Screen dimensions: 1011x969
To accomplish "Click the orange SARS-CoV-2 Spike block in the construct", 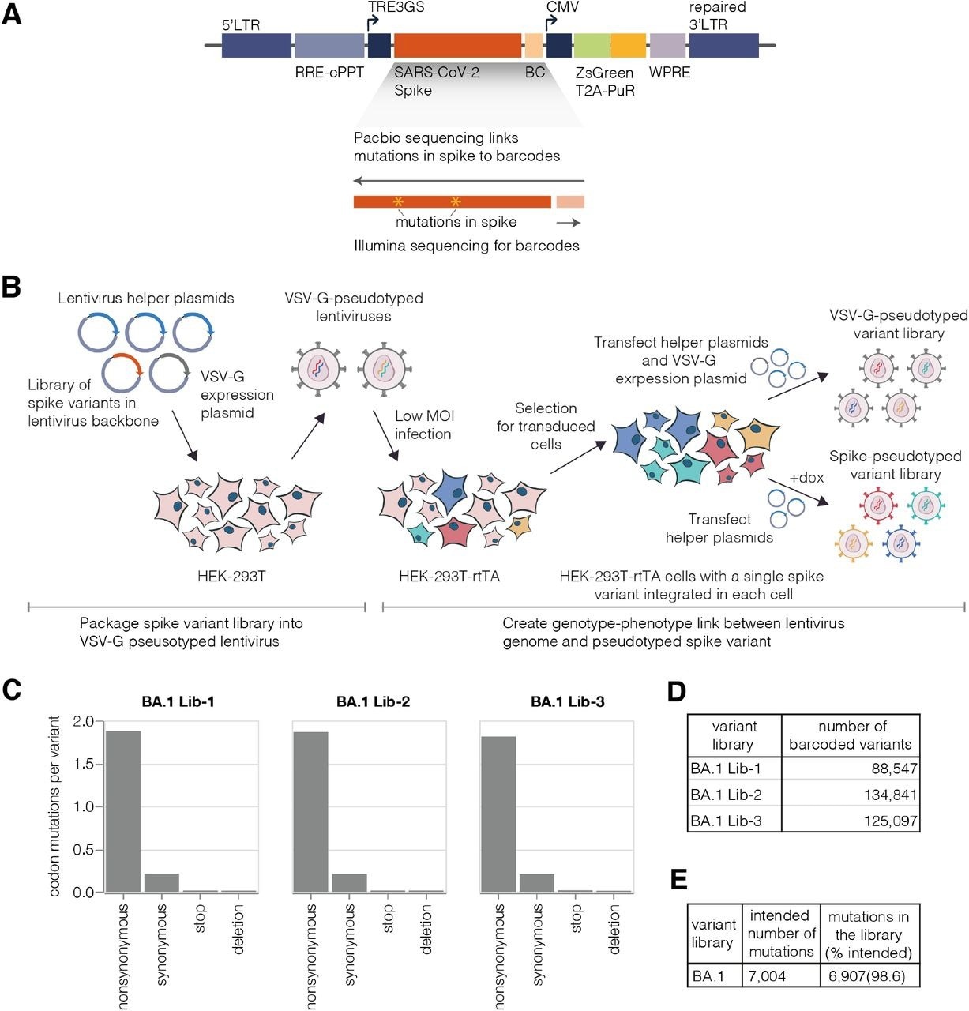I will click(457, 45).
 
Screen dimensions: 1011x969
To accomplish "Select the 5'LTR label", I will click(241, 25).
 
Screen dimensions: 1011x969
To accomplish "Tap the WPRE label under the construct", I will click(670, 73).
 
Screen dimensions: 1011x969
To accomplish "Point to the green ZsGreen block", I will click(592, 45).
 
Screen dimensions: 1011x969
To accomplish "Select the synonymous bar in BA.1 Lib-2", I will click(349, 883).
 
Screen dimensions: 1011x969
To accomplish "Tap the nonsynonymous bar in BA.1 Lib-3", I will click(498, 814).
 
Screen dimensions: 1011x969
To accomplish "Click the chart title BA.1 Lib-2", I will click(373, 701).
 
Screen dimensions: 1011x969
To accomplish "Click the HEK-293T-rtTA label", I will click(449, 576).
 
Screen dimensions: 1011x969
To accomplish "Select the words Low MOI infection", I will click(425, 425).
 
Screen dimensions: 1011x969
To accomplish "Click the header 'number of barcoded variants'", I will click(851, 735).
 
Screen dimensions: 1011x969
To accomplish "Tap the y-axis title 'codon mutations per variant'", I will click(54, 806).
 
